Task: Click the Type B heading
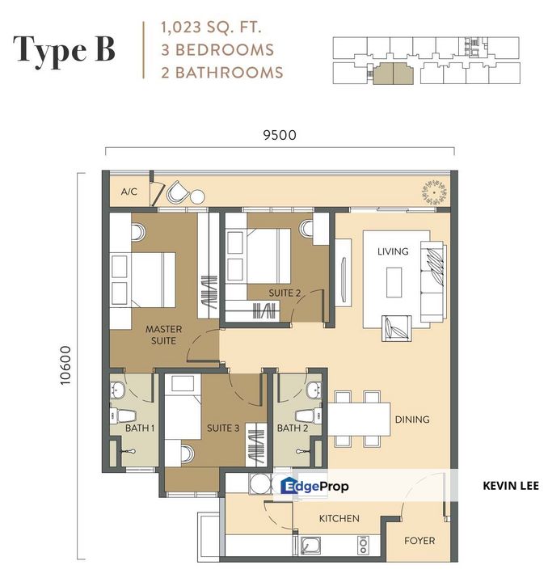pos(64,49)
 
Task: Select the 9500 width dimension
pos(280,135)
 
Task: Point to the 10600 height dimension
pos(65,365)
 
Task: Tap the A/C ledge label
pos(129,192)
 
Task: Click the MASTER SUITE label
pos(163,335)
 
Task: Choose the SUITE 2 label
pos(285,293)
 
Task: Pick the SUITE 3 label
pos(223,428)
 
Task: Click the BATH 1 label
pos(140,428)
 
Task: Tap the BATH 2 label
pos(293,428)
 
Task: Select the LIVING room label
pos(393,251)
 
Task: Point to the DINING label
pos(412,420)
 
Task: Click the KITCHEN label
pos(339,518)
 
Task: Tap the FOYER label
pos(419,541)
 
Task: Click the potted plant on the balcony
pos(434,192)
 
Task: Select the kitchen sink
pos(311,546)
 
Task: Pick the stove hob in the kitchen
pos(363,546)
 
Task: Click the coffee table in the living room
pos(394,282)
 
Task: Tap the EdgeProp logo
pos(314,486)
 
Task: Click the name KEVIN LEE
pos(511,486)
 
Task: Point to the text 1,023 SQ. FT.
pos(211,27)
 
